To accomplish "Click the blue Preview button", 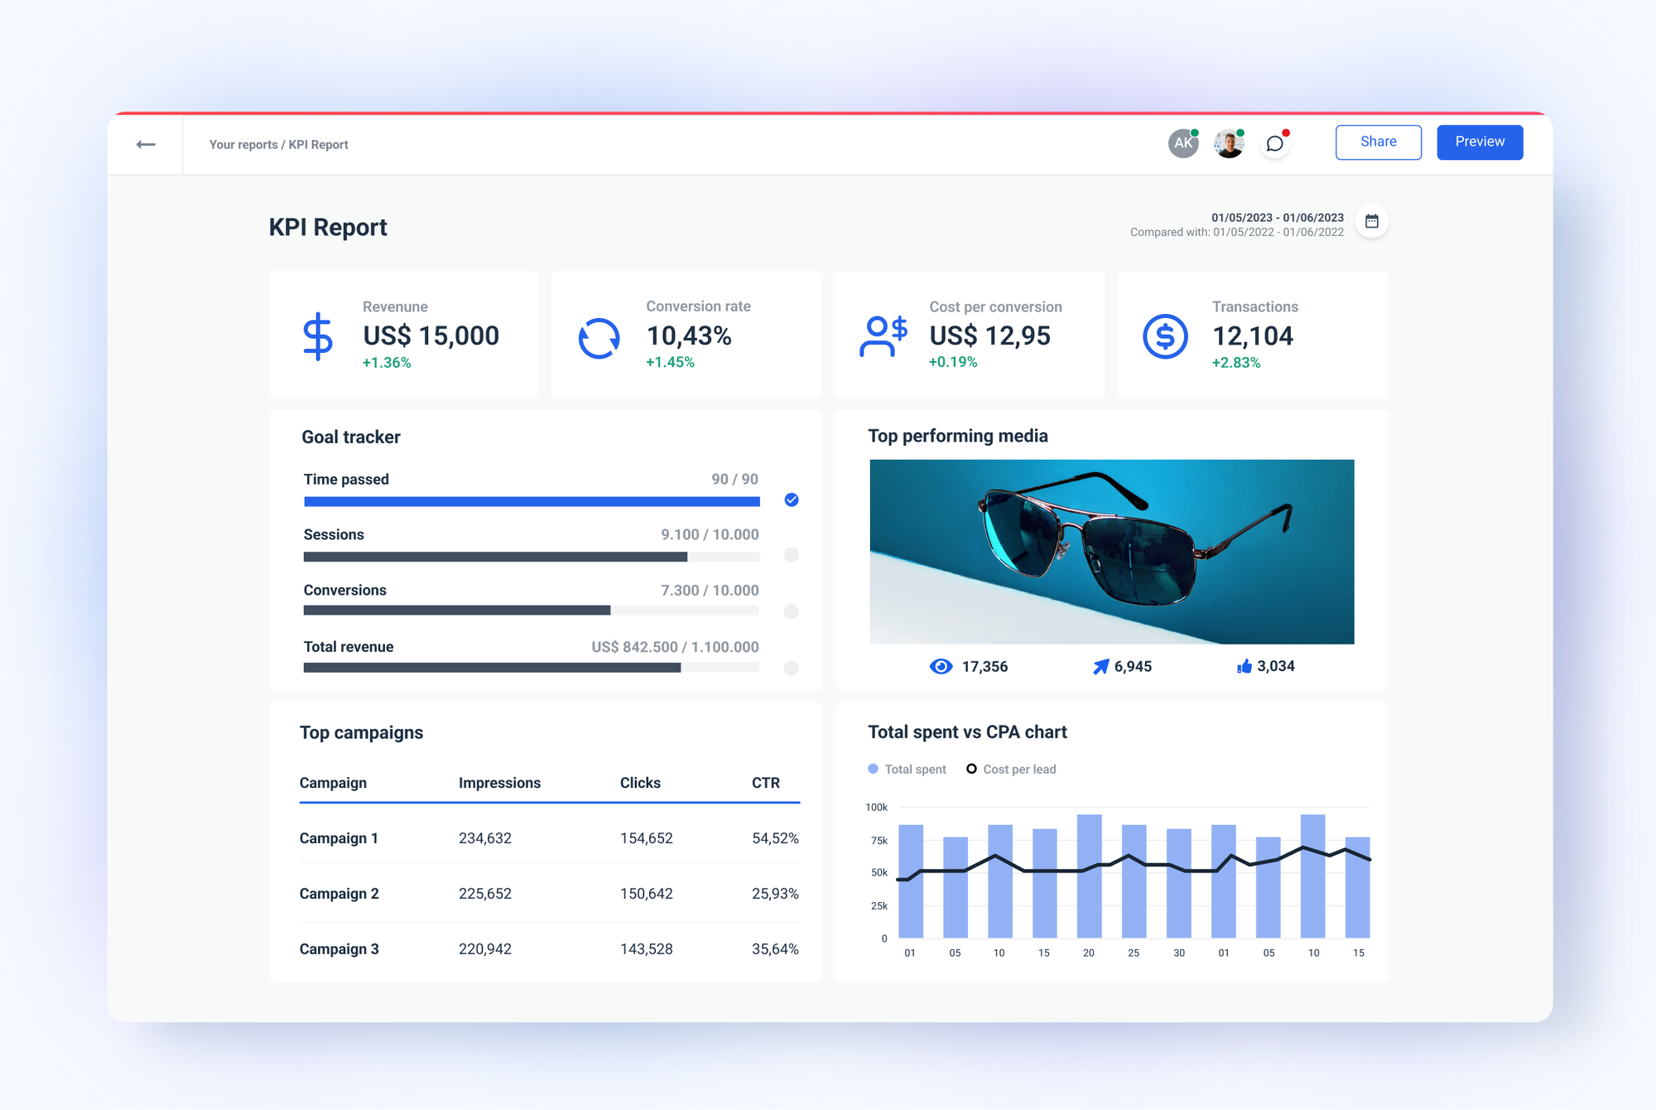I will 1480,142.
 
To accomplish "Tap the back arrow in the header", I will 146,144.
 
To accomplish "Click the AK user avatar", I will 1183,142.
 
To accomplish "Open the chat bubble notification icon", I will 1275,143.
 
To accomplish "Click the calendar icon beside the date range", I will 1372,221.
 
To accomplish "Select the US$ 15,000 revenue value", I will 431,335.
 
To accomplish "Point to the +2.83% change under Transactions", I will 1236,363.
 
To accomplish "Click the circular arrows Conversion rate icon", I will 599,338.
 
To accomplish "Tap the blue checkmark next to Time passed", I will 792,499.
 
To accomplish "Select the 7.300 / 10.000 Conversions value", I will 710,590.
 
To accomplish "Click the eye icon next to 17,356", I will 941,667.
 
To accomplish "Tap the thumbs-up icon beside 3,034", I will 1244,666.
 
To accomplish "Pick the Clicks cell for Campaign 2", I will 646,894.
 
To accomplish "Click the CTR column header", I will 765,783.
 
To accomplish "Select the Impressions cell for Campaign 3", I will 485,949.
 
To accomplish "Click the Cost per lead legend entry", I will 1011,770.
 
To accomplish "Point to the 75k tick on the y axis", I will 879,841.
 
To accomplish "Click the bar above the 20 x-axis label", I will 1089,876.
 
